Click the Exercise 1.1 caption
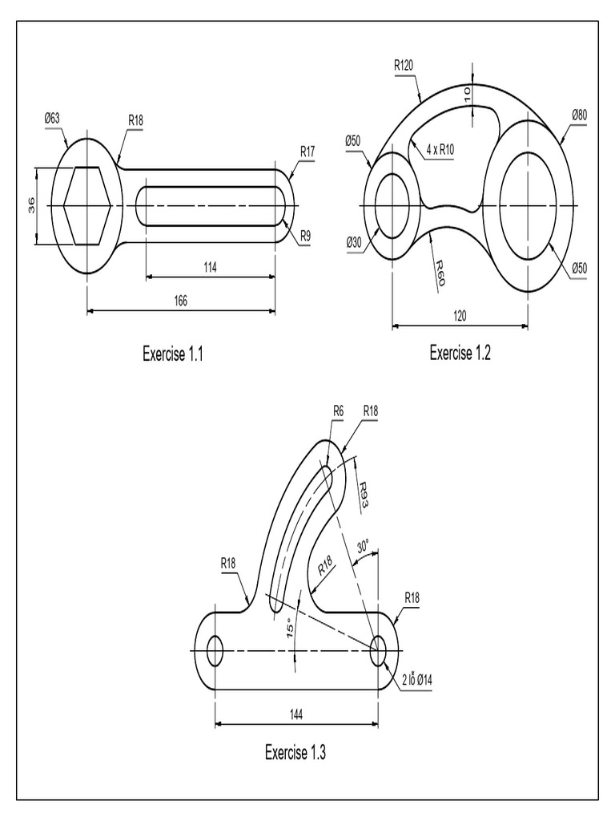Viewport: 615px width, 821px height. (x=172, y=354)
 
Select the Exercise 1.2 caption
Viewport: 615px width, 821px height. (x=460, y=353)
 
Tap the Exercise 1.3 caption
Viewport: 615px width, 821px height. (x=295, y=752)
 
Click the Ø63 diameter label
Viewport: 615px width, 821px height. (x=52, y=119)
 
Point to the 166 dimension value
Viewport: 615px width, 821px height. (x=180, y=300)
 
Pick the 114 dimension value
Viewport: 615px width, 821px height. (x=211, y=266)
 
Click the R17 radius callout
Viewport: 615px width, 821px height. (x=308, y=151)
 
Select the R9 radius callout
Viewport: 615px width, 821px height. (x=306, y=236)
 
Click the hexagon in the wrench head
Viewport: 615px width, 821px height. (x=87, y=205)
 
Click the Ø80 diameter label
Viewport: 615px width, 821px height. (x=580, y=115)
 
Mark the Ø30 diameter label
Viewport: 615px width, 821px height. (x=353, y=243)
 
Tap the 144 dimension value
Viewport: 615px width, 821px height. (x=296, y=713)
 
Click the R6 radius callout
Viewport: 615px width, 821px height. (x=338, y=410)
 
